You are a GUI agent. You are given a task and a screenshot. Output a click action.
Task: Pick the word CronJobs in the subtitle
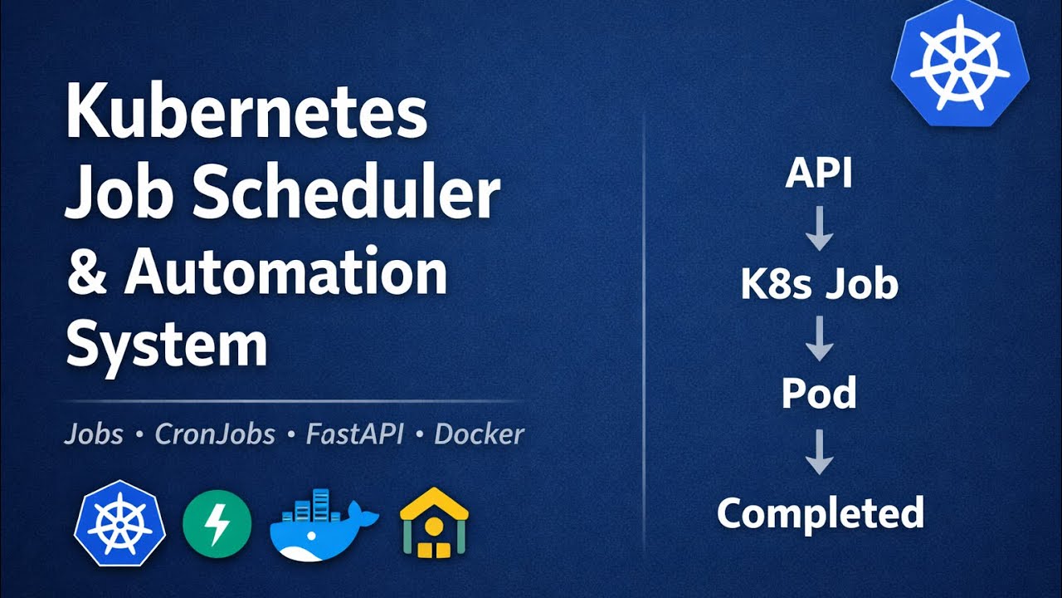[x=215, y=434]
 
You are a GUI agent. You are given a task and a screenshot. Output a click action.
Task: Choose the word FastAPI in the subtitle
[x=353, y=434]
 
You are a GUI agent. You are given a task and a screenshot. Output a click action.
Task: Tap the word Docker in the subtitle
[x=480, y=434]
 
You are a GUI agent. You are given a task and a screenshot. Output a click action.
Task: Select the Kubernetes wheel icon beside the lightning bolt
[x=120, y=523]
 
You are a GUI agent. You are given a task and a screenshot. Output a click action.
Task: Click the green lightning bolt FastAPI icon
[x=217, y=523]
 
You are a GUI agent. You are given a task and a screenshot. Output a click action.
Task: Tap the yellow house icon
[x=434, y=523]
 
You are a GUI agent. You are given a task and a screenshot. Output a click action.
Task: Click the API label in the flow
[x=819, y=174]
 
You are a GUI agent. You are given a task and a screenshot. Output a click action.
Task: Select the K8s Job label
[x=819, y=284]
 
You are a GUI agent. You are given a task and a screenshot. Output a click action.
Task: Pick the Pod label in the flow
[x=819, y=394]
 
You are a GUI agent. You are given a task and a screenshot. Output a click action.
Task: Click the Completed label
[x=820, y=513]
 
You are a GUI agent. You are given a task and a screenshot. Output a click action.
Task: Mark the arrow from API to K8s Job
[x=819, y=228]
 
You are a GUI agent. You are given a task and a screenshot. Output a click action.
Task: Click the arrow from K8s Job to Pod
[x=819, y=338]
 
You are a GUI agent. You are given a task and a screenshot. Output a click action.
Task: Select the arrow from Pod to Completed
[x=819, y=453]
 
